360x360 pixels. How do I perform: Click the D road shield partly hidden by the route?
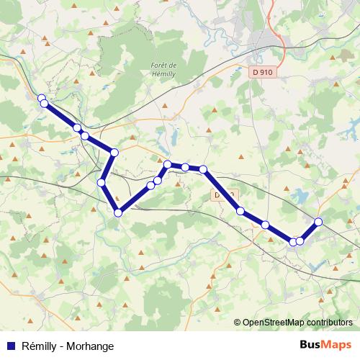tap(222, 195)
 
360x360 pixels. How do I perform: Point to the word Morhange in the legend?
tap(90, 346)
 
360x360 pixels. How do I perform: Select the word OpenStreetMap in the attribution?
tap(275, 323)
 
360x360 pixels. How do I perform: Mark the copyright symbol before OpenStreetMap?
tap(237, 323)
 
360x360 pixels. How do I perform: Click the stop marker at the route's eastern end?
tap(318, 221)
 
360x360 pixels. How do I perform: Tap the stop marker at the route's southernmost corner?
tap(118, 212)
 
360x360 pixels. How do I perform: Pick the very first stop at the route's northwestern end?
tap(41, 98)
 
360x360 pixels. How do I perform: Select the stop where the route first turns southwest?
tap(114, 153)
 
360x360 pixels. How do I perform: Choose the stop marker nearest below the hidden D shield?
tap(240, 211)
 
